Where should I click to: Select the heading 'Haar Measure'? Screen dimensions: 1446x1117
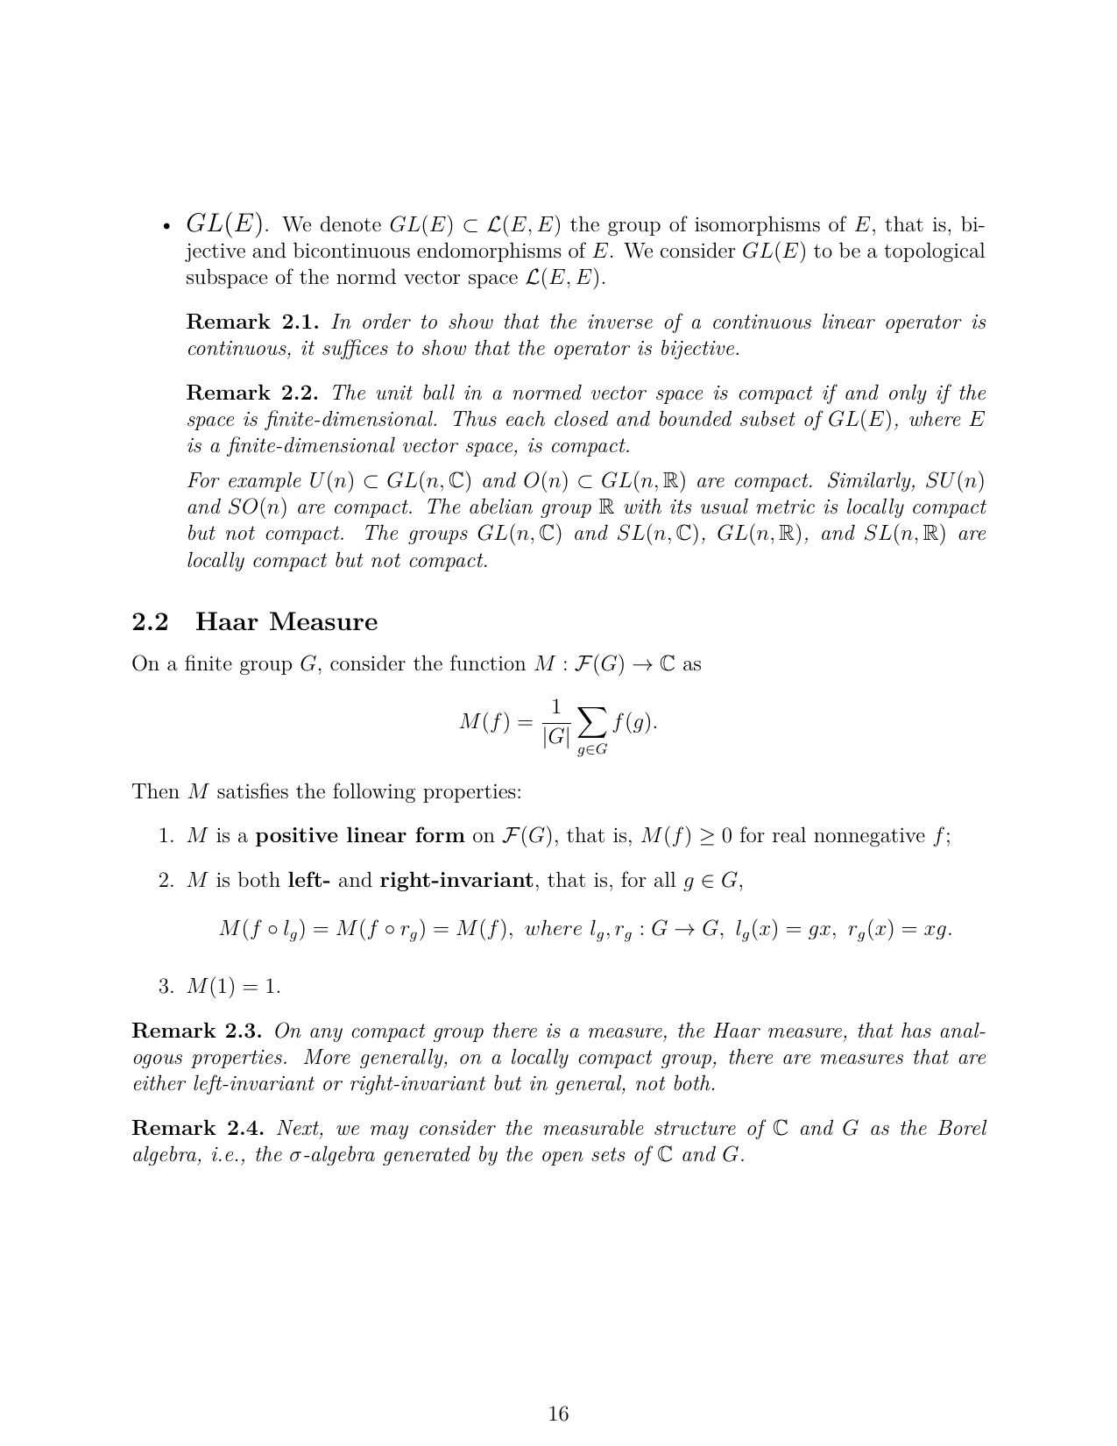click(286, 622)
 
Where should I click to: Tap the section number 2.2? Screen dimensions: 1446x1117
click(150, 622)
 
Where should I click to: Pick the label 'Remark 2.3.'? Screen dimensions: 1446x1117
click(198, 1031)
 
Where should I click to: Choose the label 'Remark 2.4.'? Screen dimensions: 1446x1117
click(198, 1129)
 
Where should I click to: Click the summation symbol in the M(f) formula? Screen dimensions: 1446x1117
click(592, 723)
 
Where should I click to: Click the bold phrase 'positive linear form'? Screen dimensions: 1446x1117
click(359, 836)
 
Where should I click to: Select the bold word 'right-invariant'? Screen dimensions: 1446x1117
click(456, 881)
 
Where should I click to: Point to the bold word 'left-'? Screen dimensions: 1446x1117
click(308, 881)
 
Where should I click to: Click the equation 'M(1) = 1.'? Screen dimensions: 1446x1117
click(234, 987)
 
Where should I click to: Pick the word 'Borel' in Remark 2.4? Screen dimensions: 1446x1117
click(962, 1129)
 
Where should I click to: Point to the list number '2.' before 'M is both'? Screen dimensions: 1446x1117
click(166, 881)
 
